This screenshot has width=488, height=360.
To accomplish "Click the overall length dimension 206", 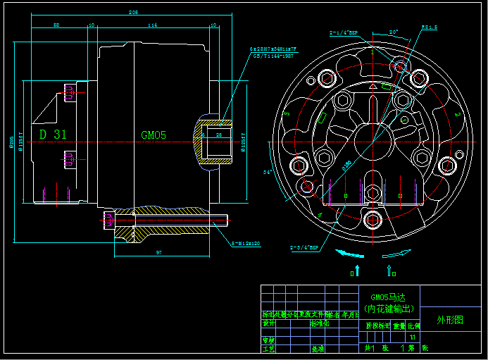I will coord(133,13).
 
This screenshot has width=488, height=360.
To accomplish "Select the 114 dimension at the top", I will coord(152,25).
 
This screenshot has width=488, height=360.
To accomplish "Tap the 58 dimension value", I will coord(56,25).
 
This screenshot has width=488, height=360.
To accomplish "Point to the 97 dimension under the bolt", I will coord(159,252).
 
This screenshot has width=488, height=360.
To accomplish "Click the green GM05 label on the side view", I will coord(154,135).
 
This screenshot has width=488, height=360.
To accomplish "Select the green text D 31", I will coord(53,135).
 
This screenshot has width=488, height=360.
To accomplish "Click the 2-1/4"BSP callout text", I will coord(344,32).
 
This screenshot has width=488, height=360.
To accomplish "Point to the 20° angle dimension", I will coord(393,32).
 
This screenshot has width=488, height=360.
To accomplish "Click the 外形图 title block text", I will coord(451,319).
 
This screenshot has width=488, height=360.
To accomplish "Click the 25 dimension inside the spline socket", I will coord(218,134).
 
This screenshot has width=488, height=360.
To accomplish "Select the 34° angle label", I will coord(268,171).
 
